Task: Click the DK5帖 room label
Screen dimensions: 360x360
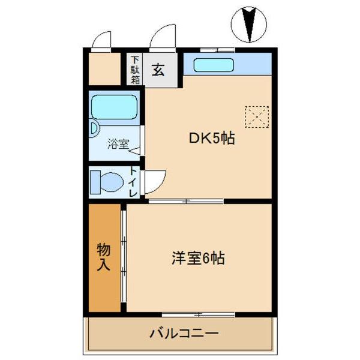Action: click(x=212, y=139)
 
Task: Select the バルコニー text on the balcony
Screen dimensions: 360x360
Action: click(x=184, y=332)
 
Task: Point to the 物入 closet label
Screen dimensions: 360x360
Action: click(x=104, y=257)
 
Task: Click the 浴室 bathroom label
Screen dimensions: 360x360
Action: click(x=118, y=143)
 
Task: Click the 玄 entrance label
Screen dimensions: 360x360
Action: click(x=158, y=70)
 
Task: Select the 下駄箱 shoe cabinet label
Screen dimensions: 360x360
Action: click(x=135, y=70)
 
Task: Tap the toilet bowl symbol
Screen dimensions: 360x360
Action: click(x=106, y=181)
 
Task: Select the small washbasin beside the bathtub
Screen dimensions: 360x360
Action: click(x=94, y=128)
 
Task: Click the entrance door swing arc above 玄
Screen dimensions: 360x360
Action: click(x=162, y=38)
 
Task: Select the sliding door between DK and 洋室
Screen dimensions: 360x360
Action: click(x=186, y=201)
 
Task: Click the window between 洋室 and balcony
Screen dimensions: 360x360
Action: click(x=198, y=314)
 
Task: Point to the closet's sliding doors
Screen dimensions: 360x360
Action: click(x=123, y=258)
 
